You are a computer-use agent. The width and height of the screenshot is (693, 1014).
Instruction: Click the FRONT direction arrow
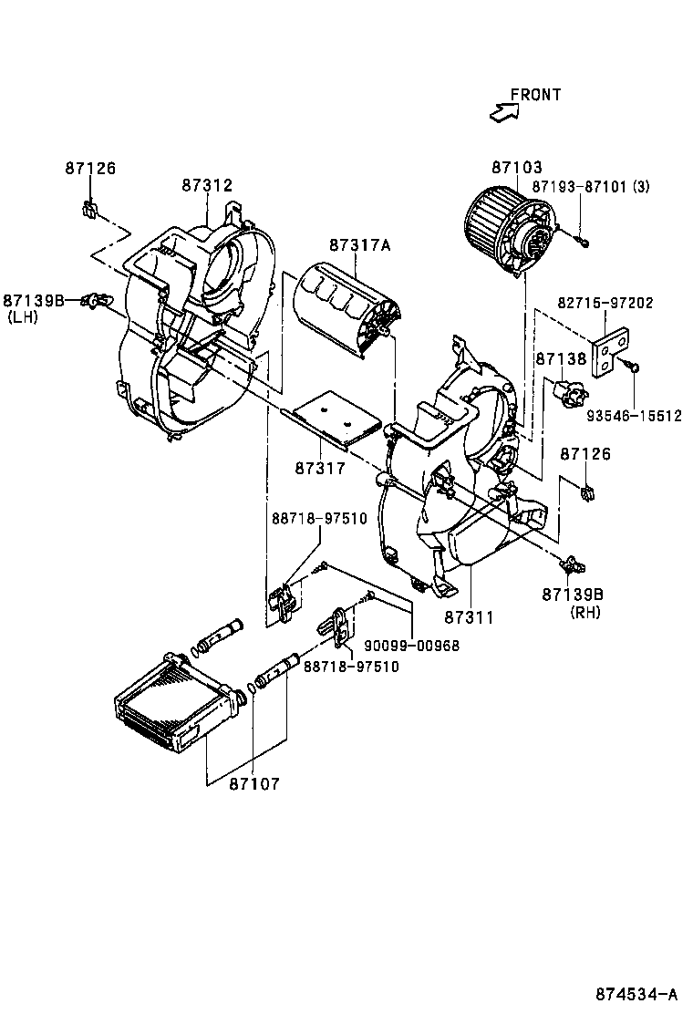coord(502,111)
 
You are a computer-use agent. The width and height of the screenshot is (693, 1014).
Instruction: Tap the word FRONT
coord(535,94)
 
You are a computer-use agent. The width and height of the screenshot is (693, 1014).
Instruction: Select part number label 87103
coord(517,168)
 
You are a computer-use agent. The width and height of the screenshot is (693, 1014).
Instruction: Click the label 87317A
coord(359,245)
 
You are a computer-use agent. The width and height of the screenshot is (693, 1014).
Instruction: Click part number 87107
coord(253,783)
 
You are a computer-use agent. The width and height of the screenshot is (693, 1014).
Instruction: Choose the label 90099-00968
coord(411,646)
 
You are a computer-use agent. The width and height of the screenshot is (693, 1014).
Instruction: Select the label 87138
coord(561,360)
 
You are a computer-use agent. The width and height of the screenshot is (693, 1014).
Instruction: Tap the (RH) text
coord(584,612)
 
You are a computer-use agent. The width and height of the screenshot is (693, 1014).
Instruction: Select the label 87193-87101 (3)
coord(590,186)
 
